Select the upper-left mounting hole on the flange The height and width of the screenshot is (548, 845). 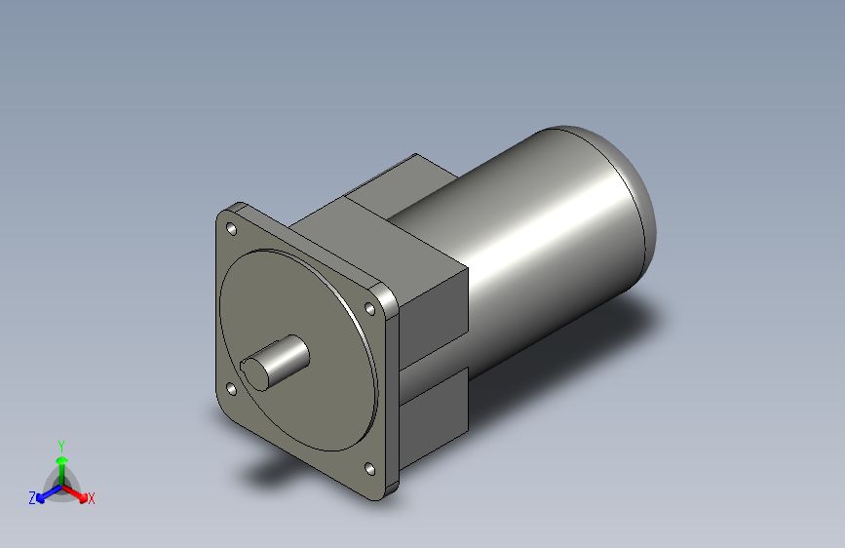click(232, 229)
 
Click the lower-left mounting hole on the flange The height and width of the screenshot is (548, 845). click(232, 389)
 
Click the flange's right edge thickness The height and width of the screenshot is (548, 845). click(393, 390)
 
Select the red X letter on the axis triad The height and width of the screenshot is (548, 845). click(92, 498)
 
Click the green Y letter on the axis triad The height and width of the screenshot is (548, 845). click(60, 444)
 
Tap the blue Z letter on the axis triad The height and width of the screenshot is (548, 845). click(32, 498)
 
